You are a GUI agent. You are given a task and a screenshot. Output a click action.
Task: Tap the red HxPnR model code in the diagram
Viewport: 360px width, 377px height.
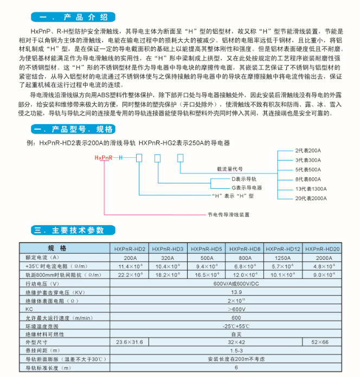click(x=103, y=157)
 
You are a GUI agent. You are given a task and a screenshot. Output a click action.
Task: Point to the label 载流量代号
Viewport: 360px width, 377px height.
click(x=230, y=169)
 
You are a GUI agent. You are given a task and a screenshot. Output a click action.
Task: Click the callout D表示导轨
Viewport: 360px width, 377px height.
click(x=245, y=178)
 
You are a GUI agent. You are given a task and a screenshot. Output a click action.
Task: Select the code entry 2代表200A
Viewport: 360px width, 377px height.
click(x=308, y=149)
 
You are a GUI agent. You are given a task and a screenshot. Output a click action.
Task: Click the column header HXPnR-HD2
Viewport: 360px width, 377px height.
click(x=130, y=248)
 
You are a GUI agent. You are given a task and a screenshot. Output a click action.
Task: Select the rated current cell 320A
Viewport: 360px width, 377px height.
click(x=168, y=258)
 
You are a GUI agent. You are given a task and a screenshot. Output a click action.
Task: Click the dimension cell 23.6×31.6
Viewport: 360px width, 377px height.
click(x=130, y=342)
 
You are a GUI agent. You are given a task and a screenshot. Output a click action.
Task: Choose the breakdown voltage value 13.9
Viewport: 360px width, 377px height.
click(x=236, y=292)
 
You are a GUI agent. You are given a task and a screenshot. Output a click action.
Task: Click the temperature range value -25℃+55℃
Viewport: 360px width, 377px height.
click(x=236, y=325)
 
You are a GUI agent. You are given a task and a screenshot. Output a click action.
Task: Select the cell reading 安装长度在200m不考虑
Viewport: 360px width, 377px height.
click(x=236, y=359)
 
